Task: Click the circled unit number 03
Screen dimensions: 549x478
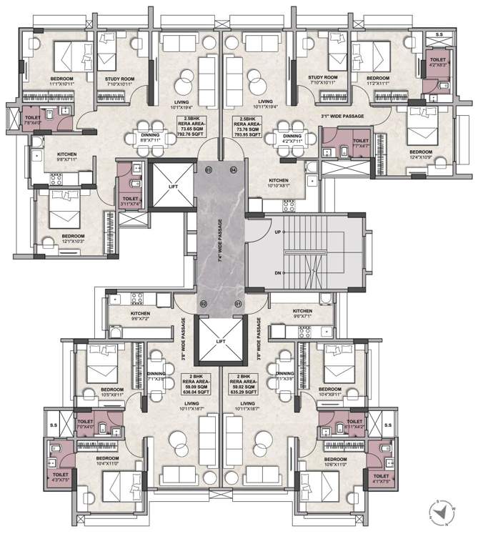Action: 209,170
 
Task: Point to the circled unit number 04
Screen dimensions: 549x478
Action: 233,170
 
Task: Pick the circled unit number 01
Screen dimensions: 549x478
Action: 239,304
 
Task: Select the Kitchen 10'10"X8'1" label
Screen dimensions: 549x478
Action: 279,183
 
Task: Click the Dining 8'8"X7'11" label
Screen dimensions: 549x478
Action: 150,138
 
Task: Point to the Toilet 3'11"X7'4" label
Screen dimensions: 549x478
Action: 131,202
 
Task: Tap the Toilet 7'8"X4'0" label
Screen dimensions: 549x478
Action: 33,120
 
